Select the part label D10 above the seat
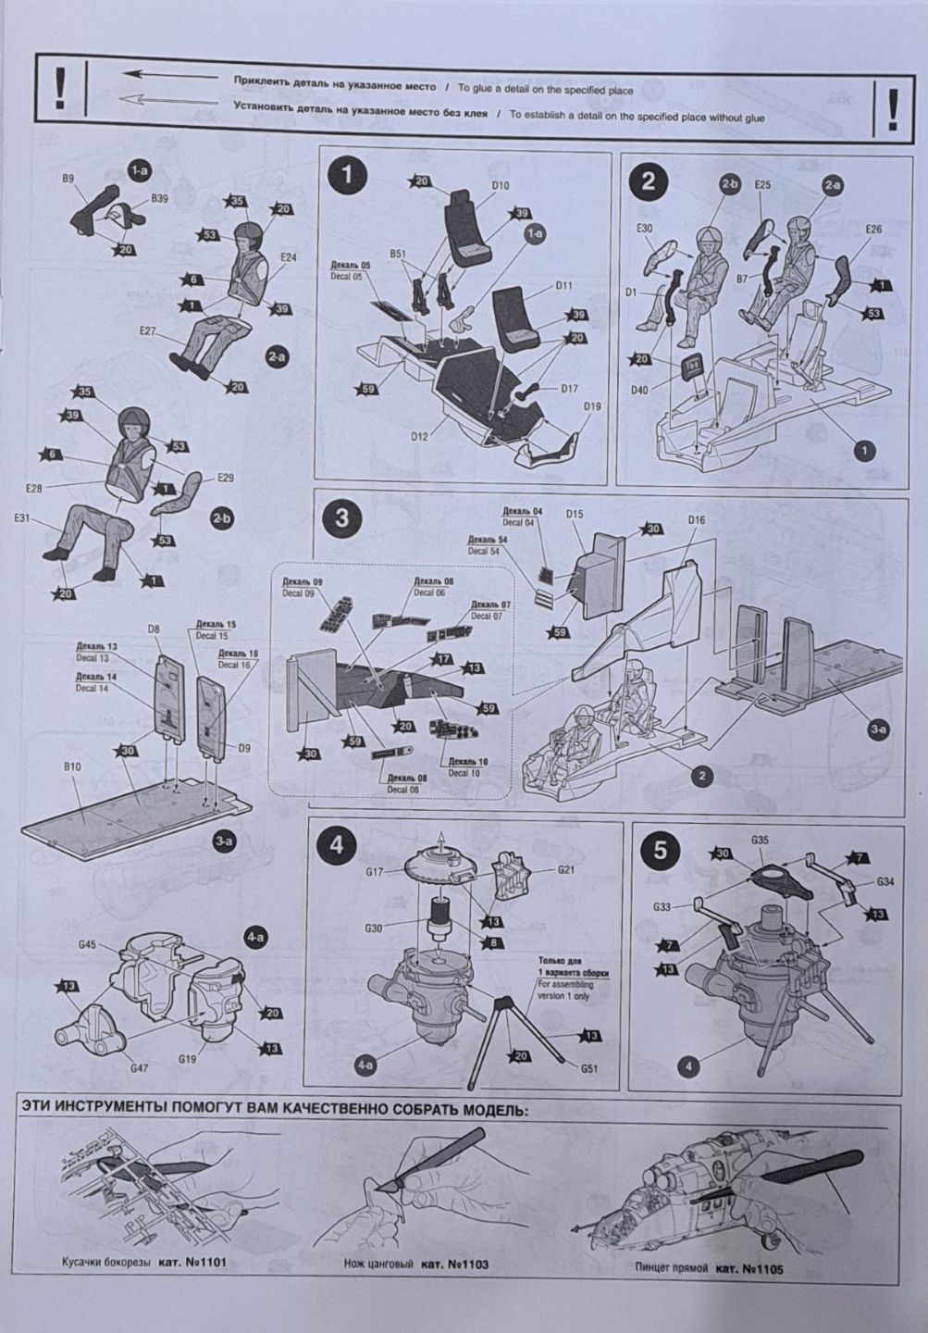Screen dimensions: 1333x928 pyautogui.click(x=500, y=186)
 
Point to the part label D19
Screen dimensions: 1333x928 pyautogui.click(x=592, y=406)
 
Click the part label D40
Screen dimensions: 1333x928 pyautogui.click(x=639, y=390)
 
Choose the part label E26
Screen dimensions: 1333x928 pyautogui.click(x=873, y=229)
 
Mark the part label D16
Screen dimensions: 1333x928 pyautogui.click(x=697, y=520)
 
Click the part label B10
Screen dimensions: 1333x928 pyautogui.click(x=71, y=766)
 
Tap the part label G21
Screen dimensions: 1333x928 pyautogui.click(x=568, y=870)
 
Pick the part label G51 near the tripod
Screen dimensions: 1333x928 pyautogui.click(x=589, y=1069)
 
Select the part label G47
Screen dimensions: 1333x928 pyautogui.click(x=141, y=1067)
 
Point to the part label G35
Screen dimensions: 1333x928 pyautogui.click(x=760, y=841)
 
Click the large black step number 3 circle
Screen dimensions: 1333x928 pyautogui.click(x=342, y=518)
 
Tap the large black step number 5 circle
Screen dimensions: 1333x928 pyautogui.click(x=660, y=851)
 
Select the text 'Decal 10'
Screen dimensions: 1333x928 pyautogui.click(x=464, y=772)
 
